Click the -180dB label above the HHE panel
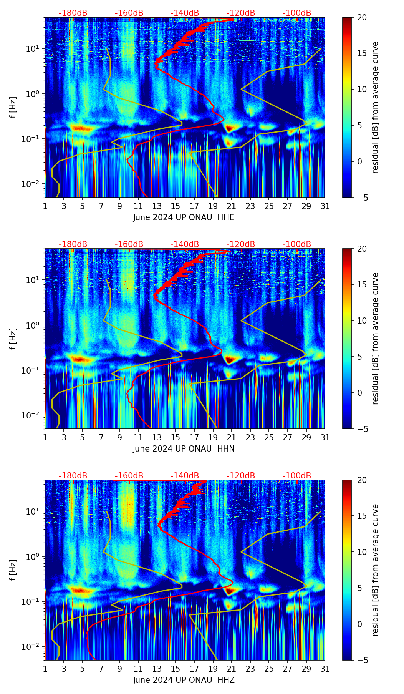point(73,13)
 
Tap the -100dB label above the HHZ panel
point(297,476)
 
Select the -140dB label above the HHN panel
point(185,244)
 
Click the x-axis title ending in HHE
point(184,217)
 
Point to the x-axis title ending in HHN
point(184,449)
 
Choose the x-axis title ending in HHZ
point(184,680)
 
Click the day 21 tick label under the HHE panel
point(232,206)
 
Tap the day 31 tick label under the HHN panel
point(325,438)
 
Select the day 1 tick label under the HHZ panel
point(45,669)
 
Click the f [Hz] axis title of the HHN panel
point(13,339)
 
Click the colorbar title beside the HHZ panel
point(375,570)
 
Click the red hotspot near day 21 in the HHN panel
point(230,360)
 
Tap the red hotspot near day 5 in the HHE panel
point(79,129)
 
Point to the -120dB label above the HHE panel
point(241,13)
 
